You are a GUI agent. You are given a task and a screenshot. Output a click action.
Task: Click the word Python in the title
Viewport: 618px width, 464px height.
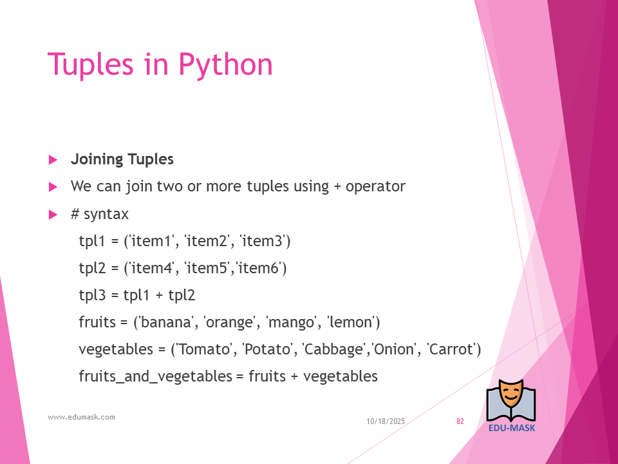click(x=225, y=65)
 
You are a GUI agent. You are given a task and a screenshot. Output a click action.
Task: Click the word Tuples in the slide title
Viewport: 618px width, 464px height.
click(x=91, y=65)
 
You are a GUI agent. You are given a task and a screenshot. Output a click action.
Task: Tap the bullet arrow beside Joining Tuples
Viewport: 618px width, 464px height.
click(x=53, y=160)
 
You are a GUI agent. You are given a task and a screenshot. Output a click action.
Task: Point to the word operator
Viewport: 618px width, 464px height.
click(x=375, y=187)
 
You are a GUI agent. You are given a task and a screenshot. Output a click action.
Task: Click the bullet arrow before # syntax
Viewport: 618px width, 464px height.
click(x=53, y=215)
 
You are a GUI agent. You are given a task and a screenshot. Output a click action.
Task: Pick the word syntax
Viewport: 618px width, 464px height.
click(x=106, y=215)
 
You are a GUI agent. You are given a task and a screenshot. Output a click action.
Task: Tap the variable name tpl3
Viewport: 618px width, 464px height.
click(x=92, y=296)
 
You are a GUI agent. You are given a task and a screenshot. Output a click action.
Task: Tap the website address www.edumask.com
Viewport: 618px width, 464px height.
click(x=82, y=417)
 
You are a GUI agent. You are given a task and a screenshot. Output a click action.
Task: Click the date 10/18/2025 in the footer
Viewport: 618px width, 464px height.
click(x=386, y=421)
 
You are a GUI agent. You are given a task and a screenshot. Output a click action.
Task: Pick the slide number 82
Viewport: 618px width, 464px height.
click(x=460, y=421)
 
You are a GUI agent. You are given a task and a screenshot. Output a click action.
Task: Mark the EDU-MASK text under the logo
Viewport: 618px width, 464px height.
click(x=512, y=428)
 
